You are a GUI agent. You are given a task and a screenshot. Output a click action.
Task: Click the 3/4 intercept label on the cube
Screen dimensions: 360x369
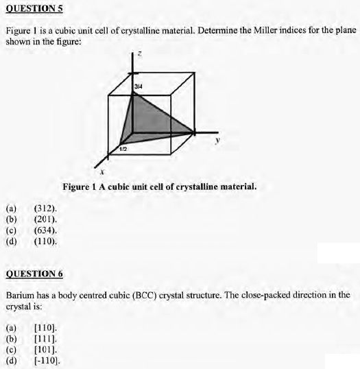tap(139, 86)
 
